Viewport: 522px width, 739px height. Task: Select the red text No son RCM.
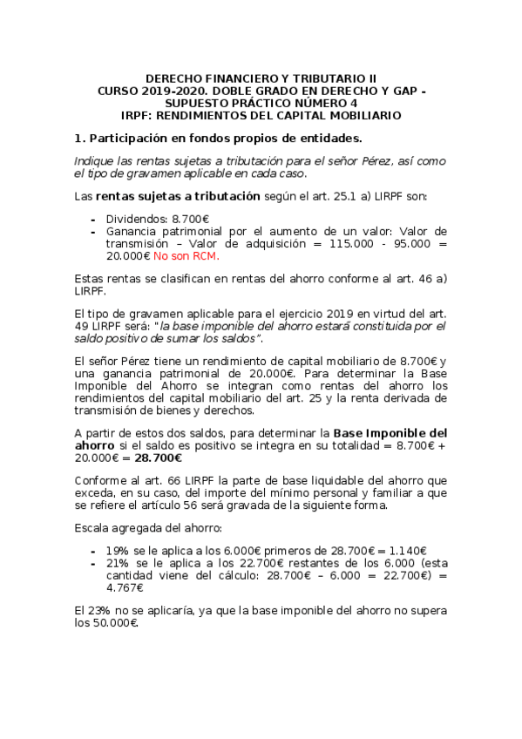coord(186,256)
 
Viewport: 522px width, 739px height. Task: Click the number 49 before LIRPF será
coord(82,326)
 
